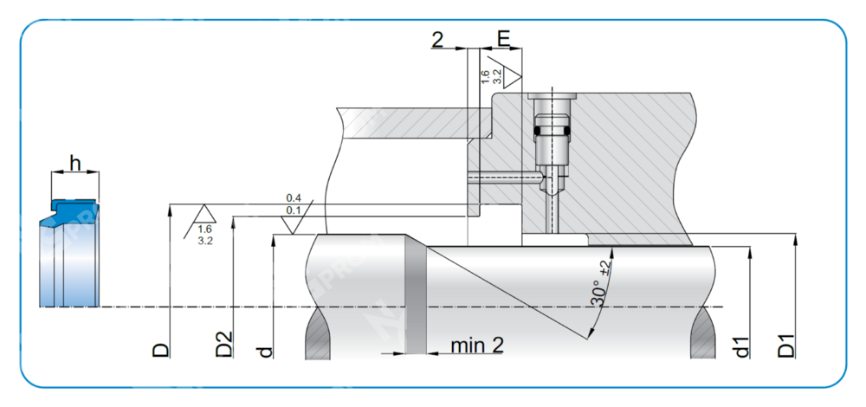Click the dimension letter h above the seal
[75, 162]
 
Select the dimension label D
[161, 348]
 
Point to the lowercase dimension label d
[266, 351]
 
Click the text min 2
[477, 346]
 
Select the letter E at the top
[503, 38]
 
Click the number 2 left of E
[437, 38]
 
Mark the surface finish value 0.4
[294, 198]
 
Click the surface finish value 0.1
[294, 210]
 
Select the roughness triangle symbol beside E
[514, 74]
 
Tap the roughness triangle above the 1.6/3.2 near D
[204, 214]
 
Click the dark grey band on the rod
[417, 294]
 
